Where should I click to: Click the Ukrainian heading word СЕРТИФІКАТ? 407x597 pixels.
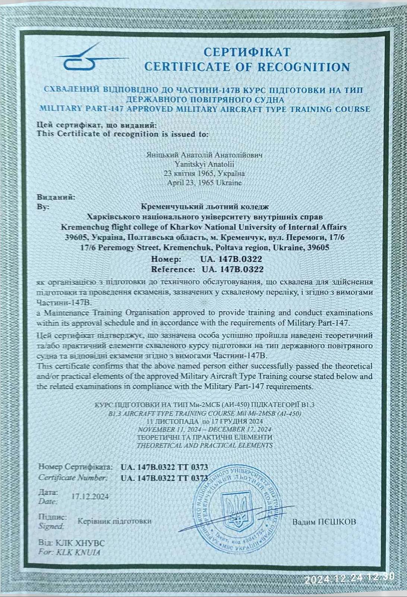pyautogui.click(x=247, y=51)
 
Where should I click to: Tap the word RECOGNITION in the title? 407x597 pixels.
pyautogui.click(x=304, y=67)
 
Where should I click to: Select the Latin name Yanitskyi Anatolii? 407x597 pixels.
pyautogui.click(x=204, y=164)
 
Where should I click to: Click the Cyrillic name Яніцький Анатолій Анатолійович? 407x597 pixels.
pyautogui.click(x=204, y=154)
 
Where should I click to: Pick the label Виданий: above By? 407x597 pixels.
pyautogui.click(x=56, y=197)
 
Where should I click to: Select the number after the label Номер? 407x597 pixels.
pyautogui.click(x=231, y=259)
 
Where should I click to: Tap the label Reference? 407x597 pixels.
pyautogui.click(x=173, y=269)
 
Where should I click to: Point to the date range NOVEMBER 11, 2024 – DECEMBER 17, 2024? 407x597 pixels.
pyautogui.click(x=204, y=429)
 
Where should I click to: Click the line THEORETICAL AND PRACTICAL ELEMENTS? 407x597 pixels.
pyautogui.click(x=204, y=445)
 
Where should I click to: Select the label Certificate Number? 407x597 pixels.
pyautogui.click(x=73, y=478)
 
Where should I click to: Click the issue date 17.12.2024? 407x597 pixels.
pyautogui.click(x=90, y=496)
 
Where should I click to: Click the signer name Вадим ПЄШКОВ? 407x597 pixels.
pyautogui.click(x=324, y=522)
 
